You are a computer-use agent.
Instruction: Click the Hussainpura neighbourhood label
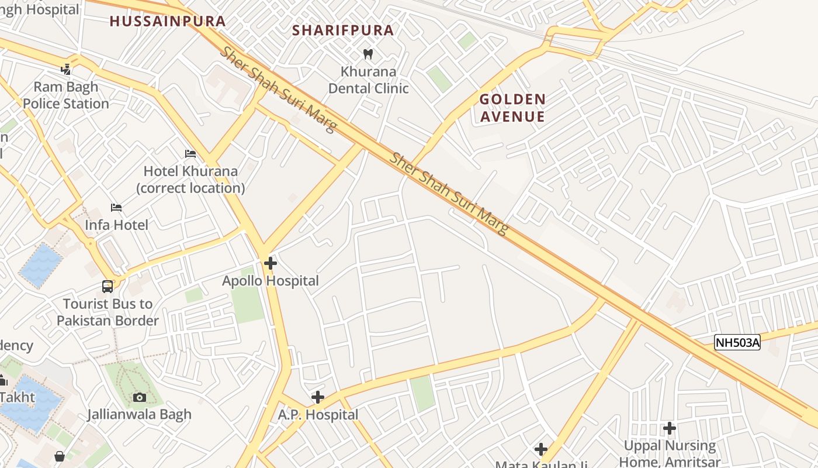168,21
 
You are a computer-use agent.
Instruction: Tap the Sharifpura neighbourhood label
343,30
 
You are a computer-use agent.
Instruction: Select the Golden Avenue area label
512,108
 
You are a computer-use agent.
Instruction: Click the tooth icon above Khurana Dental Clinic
368,54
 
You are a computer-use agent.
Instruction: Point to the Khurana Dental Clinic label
368,80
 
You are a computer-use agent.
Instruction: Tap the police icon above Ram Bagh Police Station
66,69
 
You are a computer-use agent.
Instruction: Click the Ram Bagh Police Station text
66,95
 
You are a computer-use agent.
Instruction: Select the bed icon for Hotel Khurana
190,154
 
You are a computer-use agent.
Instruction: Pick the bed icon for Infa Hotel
116,208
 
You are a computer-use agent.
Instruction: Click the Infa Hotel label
116,225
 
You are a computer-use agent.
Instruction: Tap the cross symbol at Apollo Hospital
270,263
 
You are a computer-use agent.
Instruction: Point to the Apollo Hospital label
271,281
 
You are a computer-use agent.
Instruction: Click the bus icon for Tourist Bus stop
108,286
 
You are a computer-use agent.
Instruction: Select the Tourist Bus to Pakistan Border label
108,312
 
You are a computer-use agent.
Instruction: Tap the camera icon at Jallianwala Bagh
139,398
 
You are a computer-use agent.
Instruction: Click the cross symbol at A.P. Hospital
317,398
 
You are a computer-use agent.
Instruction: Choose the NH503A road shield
737,343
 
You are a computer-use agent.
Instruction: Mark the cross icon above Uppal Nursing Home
669,429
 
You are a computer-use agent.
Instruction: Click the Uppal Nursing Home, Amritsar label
670,453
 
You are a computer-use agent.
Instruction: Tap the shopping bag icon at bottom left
59,456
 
